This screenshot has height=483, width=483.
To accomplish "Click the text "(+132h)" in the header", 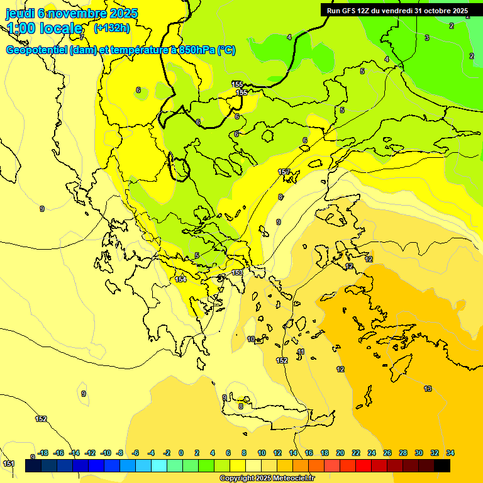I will (x=112, y=28).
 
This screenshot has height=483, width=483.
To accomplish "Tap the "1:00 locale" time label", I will (x=45, y=28).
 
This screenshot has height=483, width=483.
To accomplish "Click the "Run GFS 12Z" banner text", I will (x=353, y=11).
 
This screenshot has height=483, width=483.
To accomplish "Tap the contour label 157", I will (x=284, y=172).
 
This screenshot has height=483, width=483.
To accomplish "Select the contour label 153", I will (x=237, y=272).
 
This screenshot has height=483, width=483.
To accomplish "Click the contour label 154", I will (x=180, y=279).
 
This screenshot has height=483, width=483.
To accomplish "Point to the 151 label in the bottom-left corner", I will (x=9, y=464).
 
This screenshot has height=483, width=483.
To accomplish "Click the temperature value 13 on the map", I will (x=428, y=389).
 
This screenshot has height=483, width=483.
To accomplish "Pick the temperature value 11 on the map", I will (x=301, y=352).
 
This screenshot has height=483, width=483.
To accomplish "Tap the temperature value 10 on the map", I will (x=252, y=339).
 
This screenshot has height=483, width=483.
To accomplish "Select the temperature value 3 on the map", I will (x=426, y=38).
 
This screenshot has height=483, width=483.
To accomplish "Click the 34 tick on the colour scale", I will (x=450, y=453).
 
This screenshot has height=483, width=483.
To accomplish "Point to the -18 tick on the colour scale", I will (x=43, y=453).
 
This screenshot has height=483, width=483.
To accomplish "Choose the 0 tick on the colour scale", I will (x=181, y=453).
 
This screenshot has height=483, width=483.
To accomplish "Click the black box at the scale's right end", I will (x=442, y=466).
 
